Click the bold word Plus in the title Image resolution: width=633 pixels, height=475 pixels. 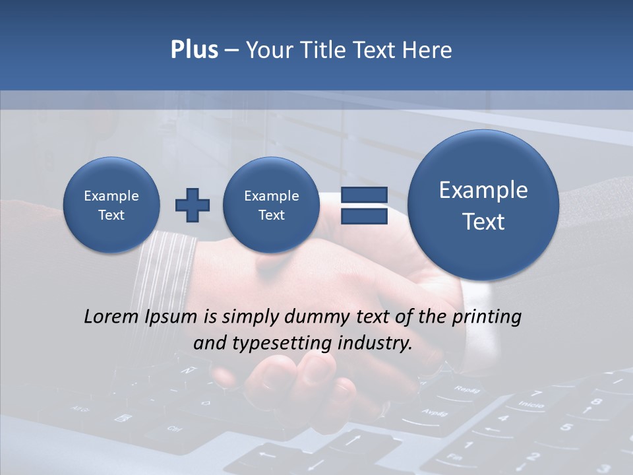point(194,50)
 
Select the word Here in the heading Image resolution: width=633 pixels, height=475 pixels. point(428,50)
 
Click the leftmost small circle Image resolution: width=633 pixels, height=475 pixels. point(111,205)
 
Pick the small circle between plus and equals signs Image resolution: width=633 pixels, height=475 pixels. point(271,205)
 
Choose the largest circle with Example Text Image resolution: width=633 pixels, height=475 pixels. point(483,205)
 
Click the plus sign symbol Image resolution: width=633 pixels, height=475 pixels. point(192,205)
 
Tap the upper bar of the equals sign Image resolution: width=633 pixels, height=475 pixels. point(363,195)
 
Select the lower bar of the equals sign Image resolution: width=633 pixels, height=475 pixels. point(363,216)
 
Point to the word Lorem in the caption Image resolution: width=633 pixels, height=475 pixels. point(111,317)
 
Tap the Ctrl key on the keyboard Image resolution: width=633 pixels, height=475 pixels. point(174,429)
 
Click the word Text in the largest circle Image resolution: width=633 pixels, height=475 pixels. point(483,222)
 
